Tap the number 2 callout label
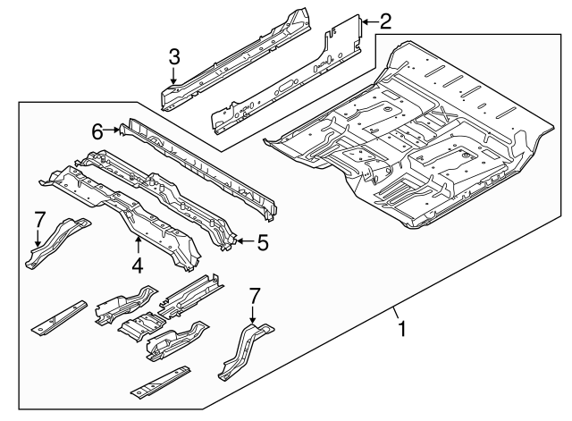click(x=385, y=21)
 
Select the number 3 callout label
click(x=173, y=58)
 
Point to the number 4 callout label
click(x=137, y=265)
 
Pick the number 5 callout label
click(x=262, y=240)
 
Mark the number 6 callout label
click(x=98, y=132)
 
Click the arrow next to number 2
click(x=368, y=20)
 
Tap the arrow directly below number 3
click(x=173, y=79)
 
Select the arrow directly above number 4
click(x=137, y=243)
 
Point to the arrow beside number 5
click(x=243, y=240)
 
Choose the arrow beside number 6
click(x=114, y=132)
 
